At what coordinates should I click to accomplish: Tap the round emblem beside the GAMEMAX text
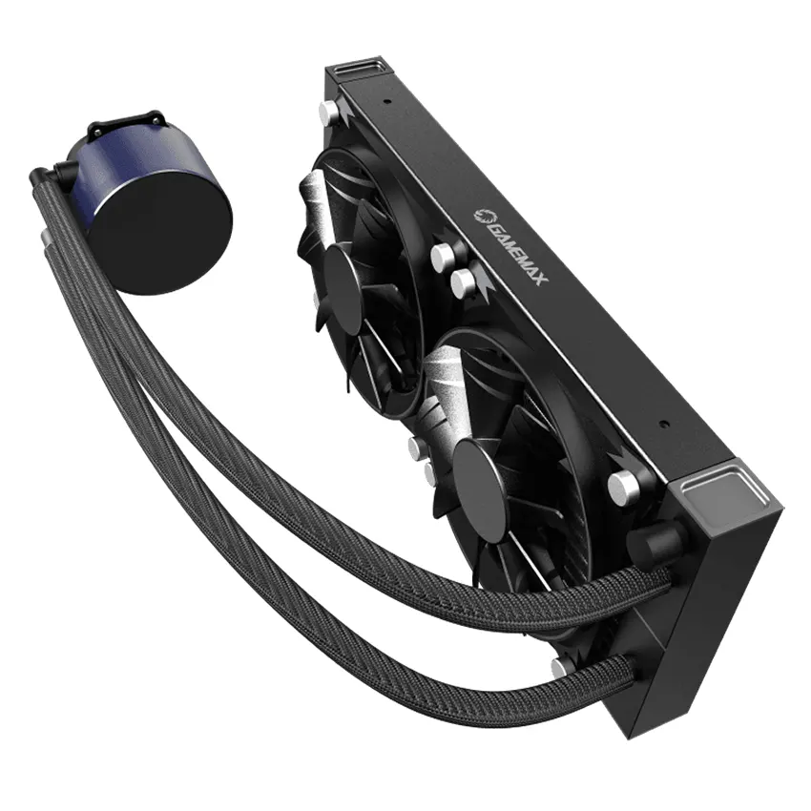482,217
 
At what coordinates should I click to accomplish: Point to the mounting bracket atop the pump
127,125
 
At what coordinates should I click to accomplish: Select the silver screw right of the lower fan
623,488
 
